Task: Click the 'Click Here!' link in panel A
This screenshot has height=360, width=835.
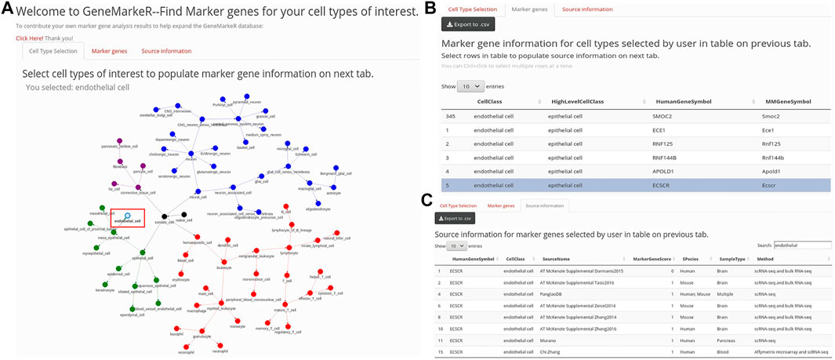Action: [x=28, y=37]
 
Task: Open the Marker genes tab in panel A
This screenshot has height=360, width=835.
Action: [x=109, y=51]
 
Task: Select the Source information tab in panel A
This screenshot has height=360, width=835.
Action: [x=166, y=51]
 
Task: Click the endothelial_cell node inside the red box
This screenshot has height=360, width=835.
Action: [x=127, y=216]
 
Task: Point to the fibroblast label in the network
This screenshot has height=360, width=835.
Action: [x=120, y=166]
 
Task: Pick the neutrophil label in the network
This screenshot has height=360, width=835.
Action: [x=220, y=351]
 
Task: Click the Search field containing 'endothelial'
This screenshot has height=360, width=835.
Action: [x=801, y=245]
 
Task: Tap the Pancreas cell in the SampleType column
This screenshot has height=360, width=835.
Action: [x=728, y=341]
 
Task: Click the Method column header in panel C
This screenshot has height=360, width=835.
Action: [x=766, y=258]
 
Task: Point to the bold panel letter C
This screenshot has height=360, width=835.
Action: [x=427, y=200]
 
